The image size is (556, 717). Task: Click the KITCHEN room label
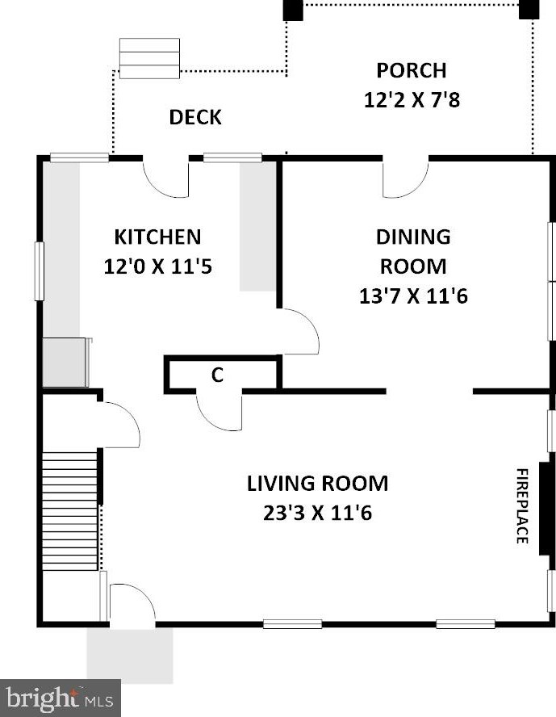click(x=157, y=237)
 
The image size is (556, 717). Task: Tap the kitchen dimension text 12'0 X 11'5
click(x=157, y=266)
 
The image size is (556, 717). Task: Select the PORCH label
click(x=412, y=70)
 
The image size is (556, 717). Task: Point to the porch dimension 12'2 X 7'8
click(x=412, y=99)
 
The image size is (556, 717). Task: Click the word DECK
click(x=195, y=118)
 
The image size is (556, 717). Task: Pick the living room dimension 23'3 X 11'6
click(x=317, y=513)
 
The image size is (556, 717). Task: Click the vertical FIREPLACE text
click(x=522, y=505)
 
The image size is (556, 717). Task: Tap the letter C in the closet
click(x=217, y=375)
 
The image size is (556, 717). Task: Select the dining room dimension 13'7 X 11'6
click(x=413, y=296)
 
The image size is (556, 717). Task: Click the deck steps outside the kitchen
click(x=149, y=58)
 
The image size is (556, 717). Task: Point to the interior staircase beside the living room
click(x=70, y=511)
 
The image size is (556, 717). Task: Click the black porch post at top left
click(x=293, y=10)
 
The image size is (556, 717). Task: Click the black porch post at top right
click(x=529, y=9)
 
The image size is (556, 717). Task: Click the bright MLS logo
click(x=60, y=698)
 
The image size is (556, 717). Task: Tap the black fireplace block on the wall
click(x=544, y=509)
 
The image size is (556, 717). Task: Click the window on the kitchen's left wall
click(x=40, y=271)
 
